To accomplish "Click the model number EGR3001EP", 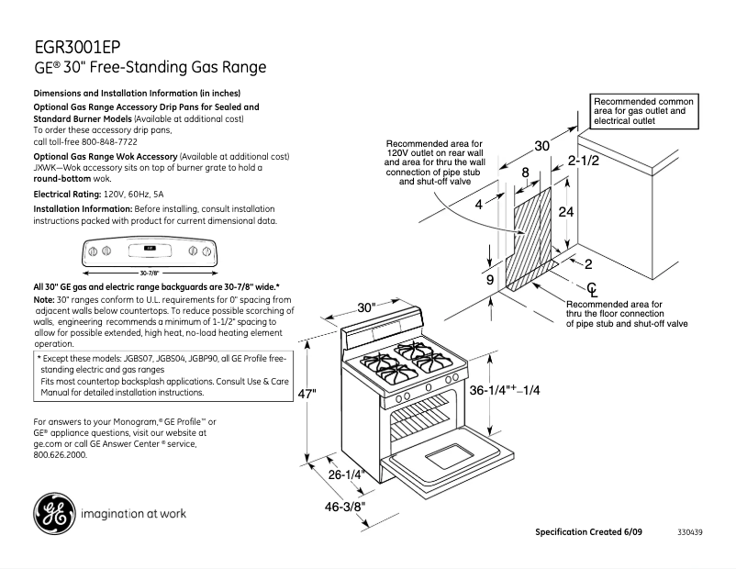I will pos(78,47).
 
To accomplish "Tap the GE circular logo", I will pos(54,513).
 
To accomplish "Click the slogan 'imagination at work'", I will pos(133,513).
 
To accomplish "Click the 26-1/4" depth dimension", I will pos(347,474).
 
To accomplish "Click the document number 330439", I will pos(690,532).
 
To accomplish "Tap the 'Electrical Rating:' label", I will pos(67,195).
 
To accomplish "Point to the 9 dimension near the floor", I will pos(489,280).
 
